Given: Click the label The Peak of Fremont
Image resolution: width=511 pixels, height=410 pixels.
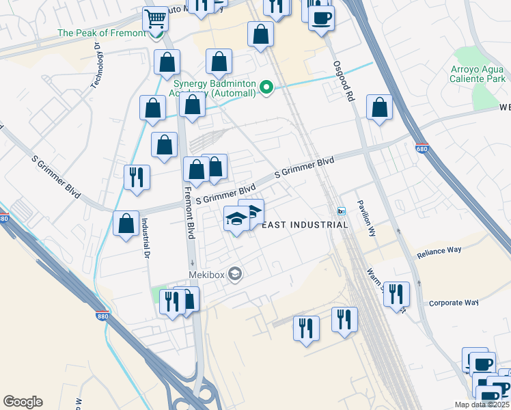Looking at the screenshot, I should [102, 33].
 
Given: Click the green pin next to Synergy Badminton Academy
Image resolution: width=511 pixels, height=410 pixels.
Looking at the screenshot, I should [267, 87].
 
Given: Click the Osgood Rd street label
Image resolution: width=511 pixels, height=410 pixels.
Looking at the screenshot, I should [344, 81].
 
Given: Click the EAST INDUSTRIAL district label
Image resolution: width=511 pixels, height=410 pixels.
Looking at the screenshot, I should [305, 225].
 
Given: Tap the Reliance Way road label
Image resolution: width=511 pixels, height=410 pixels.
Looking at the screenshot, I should [439, 251].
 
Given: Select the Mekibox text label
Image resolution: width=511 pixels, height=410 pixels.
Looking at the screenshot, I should [207, 275].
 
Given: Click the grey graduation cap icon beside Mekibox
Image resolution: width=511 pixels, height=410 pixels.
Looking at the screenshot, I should [236, 275].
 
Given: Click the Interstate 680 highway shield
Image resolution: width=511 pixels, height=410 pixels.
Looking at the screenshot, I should [422, 147].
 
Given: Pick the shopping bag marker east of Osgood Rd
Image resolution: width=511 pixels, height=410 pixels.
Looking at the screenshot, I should [379, 108].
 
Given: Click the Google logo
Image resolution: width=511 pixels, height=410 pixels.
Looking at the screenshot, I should [23, 402].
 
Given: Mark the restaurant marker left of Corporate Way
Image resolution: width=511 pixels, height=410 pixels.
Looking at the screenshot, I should [396, 294].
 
